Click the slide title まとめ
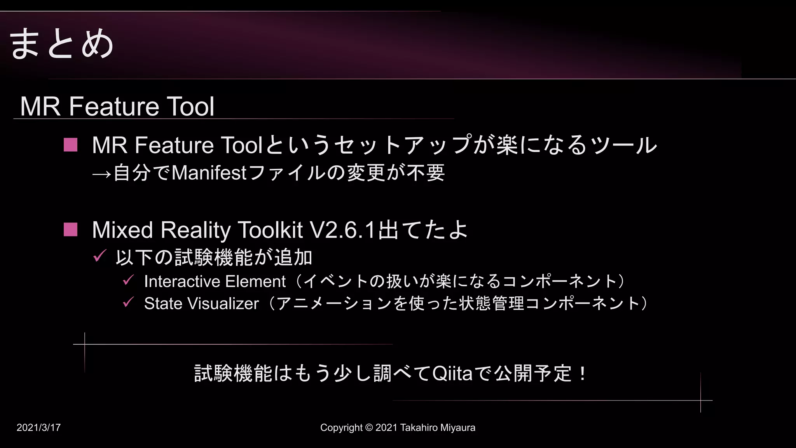point(61,44)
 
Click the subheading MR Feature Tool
point(117,106)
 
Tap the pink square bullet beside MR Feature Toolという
point(70,145)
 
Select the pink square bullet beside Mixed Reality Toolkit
point(70,229)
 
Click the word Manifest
point(209,173)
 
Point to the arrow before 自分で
point(101,173)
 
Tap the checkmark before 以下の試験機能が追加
point(99,256)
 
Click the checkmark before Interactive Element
point(128,280)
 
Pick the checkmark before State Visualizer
point(128,302)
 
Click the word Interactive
point(182,281)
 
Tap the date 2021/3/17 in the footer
point(38,428)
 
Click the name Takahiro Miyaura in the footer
point(438,428)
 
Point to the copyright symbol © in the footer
point(369,428)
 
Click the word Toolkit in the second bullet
point(270,230)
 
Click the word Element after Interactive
point(255,281)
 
